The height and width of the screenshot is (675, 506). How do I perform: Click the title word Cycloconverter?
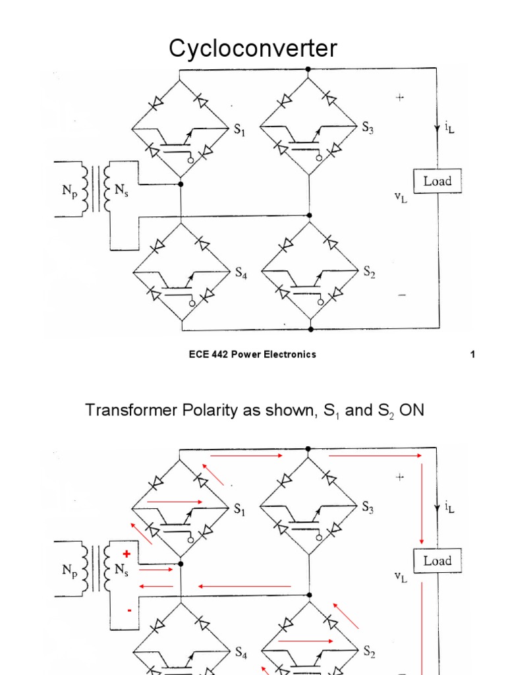[253, 48]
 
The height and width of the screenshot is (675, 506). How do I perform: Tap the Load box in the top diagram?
[437, 181]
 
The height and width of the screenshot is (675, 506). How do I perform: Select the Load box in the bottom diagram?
[437, 561]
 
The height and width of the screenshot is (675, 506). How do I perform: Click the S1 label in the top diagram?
[240, 130]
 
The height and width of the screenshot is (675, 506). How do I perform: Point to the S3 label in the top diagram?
[368, 129]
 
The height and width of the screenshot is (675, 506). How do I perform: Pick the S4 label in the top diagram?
[242, 273]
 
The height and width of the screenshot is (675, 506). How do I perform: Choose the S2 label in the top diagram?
[369, 273]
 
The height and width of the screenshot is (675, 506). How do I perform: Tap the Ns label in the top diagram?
[122, 191]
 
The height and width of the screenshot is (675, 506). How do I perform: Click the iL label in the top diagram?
[449, 129]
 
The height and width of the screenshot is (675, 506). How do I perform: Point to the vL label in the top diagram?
[401, 197]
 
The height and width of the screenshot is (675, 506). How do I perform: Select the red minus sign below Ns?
[129, 610]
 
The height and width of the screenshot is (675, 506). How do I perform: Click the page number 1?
[472, 355]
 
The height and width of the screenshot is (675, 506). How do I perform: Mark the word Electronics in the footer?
[289, 355]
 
